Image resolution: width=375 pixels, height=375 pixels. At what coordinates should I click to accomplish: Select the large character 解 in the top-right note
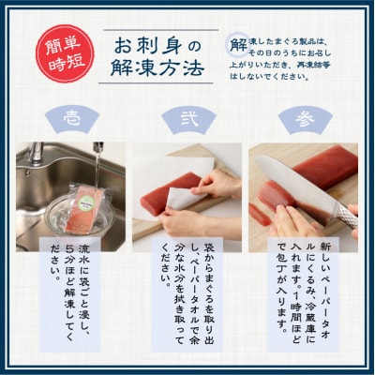point(237,43)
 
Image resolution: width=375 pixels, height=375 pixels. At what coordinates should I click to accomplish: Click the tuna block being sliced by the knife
point(314,173)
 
